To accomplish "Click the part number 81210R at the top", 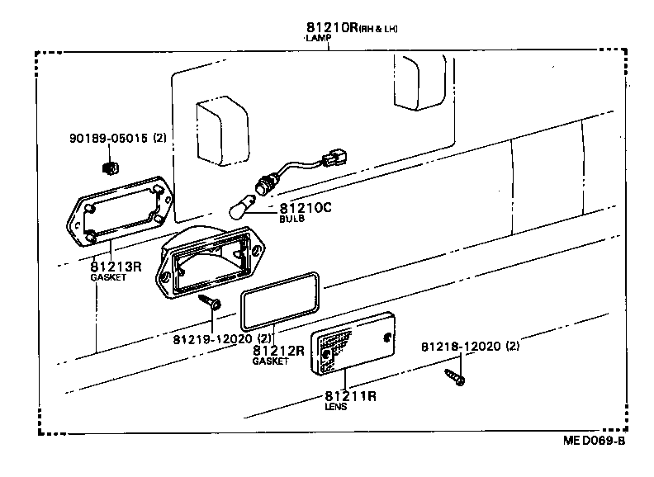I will (330, 27).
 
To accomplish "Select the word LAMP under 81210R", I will (316, 39).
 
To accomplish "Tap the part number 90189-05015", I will (108, 139).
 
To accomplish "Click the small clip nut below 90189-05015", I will (107, 169).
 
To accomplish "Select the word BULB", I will (292, 220).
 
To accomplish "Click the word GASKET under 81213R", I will (107, 278).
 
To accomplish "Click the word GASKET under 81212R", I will (271, 361).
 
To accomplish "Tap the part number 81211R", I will (350, 395).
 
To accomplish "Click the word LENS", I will (336, 407).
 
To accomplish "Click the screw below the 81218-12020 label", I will (455, 378).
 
